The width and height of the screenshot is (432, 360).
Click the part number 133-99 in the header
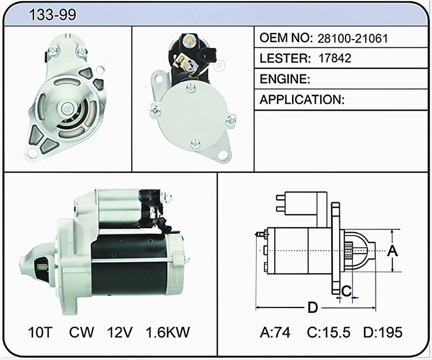point(52,14)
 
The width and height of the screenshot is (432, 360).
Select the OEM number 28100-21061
point(353,38)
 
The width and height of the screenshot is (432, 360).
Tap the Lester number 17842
point(335,58)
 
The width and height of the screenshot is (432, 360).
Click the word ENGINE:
point(285,79)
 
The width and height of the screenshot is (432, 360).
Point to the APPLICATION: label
point(302,100)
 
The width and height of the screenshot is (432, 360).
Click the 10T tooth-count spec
point(40,332)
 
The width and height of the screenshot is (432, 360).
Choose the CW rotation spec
point(81,332)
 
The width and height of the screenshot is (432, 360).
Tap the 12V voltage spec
point(120,332)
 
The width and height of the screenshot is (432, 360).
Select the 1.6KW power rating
point(168,332)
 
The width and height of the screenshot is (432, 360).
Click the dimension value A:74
point(275,332)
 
